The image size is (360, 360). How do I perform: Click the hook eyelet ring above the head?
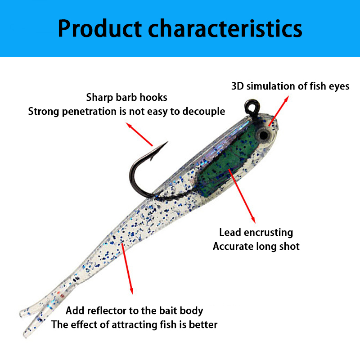[x=251, y=106]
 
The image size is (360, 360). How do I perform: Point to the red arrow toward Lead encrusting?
[x=243, y=196]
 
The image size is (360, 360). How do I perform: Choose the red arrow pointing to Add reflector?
[x=127, y=268]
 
